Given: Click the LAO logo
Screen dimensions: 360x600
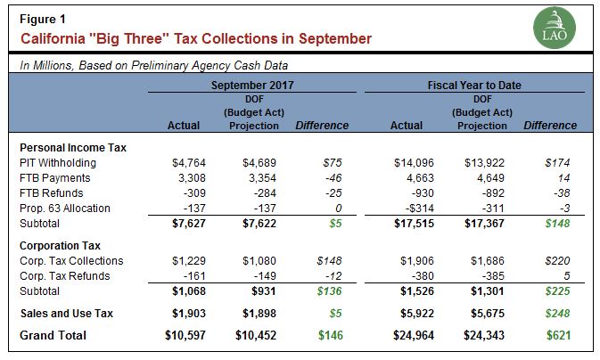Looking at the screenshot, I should (560, 29).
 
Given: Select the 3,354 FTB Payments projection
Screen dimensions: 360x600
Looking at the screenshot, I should (259, 178).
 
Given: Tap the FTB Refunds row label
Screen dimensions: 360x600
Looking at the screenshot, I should (51, 192).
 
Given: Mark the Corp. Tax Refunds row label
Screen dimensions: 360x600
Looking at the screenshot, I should (63, 275).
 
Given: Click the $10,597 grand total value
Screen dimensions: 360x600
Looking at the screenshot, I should (184, 335).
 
